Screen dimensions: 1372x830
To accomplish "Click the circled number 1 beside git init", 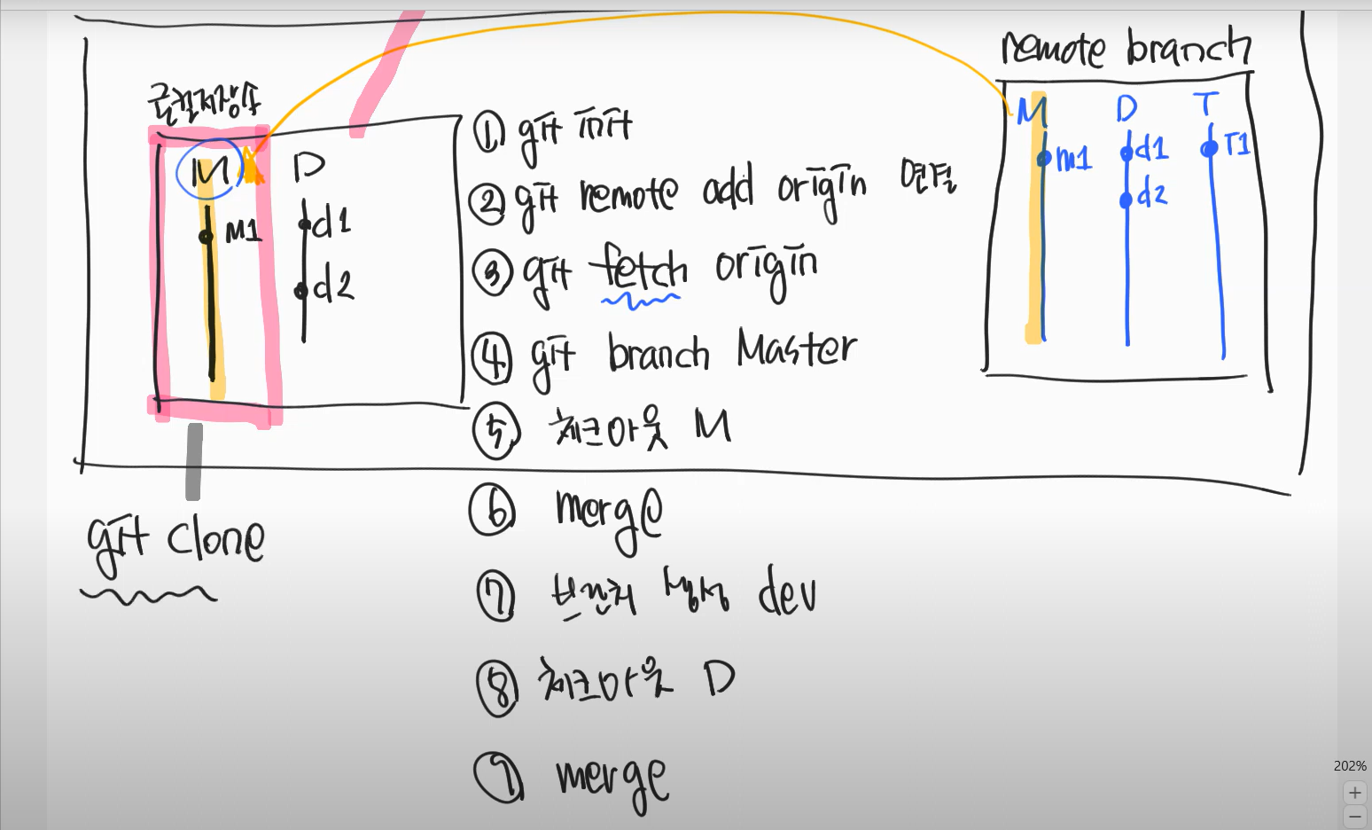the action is (x=488, y=132).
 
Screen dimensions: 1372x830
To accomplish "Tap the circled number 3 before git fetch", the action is (x=493, y=272).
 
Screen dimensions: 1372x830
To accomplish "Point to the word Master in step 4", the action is (x=796, y=350).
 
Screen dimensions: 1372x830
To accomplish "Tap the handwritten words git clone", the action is (x=175, y=540).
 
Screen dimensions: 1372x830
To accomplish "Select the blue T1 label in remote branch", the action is (x=1236, y=144).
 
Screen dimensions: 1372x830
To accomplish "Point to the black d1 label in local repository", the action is (x=331, y=222).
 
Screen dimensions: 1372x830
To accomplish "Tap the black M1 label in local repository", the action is (x=243, y=232).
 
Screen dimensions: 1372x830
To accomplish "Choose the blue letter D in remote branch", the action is (x=1126, y=109).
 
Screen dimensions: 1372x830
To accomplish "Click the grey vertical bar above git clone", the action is (x=193, y=461).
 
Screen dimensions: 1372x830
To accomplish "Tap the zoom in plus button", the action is (x=1354, y=792).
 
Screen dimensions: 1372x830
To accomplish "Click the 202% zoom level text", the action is (x=1350, y=765).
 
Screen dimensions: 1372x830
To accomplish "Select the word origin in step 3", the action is (x=767, y=269).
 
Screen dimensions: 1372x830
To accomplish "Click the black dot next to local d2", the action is (x=300, y=290).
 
